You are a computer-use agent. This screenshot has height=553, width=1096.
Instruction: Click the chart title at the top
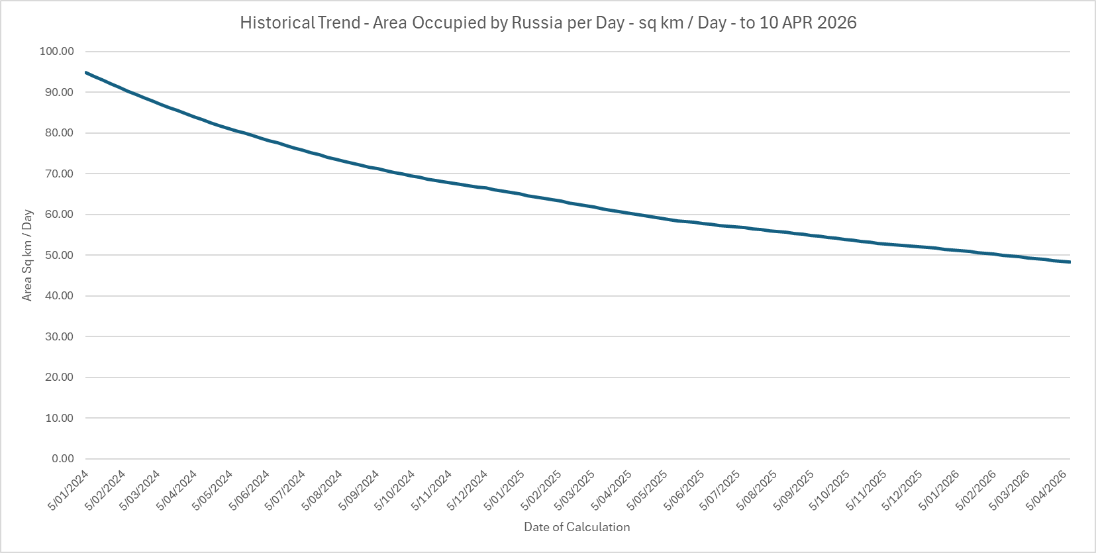[548, 23]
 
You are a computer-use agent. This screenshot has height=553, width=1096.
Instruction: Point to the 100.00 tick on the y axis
[56, 52]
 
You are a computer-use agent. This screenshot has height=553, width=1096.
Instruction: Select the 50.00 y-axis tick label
[59, 256]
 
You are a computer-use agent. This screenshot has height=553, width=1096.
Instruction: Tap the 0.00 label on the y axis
[62, 459]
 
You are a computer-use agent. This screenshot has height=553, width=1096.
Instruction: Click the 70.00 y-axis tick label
[59, 174]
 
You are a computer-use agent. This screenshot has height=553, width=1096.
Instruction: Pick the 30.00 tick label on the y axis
[59, 337]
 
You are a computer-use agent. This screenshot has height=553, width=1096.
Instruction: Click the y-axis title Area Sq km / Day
[27, 255]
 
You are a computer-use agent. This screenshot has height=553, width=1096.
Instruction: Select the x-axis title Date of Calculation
[577, 527]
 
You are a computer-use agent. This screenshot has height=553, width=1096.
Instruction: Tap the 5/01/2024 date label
[69, 490]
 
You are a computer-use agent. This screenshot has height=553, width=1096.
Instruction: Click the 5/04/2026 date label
[1047, 490]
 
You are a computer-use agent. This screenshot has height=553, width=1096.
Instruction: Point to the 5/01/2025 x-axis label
[505, 490]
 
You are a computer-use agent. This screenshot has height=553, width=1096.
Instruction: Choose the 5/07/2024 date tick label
[285, 490]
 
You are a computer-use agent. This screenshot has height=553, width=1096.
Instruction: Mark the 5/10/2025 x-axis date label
[830, 490]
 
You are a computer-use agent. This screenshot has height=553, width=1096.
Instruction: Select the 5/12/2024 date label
[468, 490]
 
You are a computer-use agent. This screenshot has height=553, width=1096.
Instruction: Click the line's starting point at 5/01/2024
[86, 72]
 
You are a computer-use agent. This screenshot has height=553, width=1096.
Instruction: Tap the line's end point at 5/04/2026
[1070, 262]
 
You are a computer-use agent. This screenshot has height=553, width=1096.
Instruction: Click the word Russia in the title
[536, 23]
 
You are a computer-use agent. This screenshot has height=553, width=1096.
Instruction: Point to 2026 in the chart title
[836, 23]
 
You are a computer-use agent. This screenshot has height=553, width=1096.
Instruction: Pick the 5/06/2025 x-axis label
[685, 490]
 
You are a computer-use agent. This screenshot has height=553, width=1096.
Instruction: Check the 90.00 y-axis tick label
[59, 93]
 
